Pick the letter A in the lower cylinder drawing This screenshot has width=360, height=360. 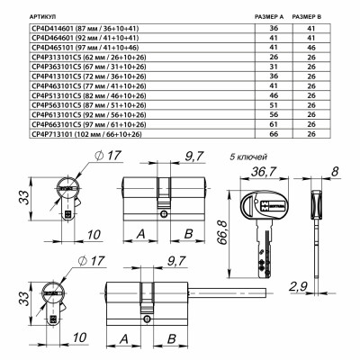(125, 339)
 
